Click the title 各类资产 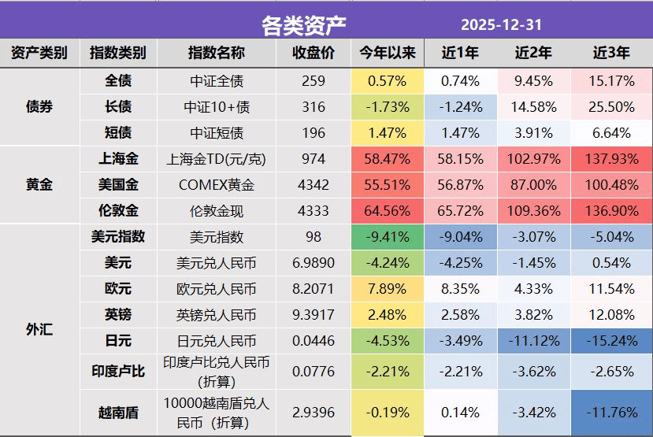(303, 24)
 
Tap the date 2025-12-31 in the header (501, 24)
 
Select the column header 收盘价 (313, 54)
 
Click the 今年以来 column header (387, 54)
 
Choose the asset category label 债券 (39, 106)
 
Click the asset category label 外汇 (39, 329)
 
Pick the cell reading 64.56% (387, 210)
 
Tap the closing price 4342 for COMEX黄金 (313, 184)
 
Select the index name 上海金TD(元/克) (217, 158)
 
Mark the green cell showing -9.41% (387, 236)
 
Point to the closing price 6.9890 (313, 262)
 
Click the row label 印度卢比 (118, 370)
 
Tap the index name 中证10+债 (217, 106)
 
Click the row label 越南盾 (118, 412)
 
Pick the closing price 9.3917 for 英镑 (313, 314)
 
